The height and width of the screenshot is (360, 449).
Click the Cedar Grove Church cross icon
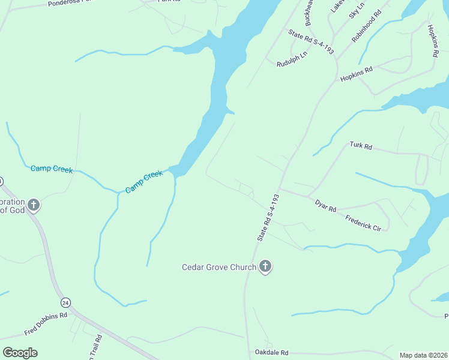point(265,267)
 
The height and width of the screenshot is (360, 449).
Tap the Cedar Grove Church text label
point(219,267)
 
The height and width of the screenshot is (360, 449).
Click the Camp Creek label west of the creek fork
point(52,170)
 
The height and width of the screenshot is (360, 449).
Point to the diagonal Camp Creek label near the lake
point(144,182)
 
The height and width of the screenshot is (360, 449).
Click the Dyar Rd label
point(326,205)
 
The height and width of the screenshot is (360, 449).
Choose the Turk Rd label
point(361,146)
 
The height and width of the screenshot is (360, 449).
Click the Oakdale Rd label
point(271,352)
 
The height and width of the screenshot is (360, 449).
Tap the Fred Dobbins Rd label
point(46,325)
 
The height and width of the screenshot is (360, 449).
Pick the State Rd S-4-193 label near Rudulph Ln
point(311,42)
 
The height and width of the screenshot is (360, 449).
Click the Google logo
point(20,352)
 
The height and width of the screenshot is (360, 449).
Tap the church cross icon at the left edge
point(34,205)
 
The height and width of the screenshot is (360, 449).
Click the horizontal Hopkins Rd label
point(357,74)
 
